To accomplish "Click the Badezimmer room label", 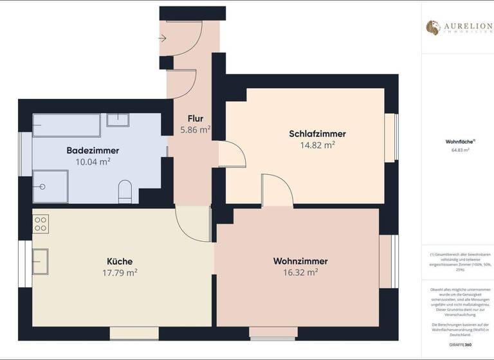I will pos(93,150).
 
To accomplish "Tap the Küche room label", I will pos(120,261).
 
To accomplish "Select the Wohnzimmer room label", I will pos(300,261).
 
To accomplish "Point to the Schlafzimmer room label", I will pos(317,134).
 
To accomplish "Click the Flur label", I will pos(196,118).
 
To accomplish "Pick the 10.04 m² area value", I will pos(93,161).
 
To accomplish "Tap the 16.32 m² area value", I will pos(300,273).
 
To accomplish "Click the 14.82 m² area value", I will pos(317,145).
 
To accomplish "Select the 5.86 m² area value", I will pos(196,130).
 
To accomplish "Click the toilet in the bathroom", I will pos(125,191).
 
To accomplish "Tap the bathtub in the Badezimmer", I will pos(66,125).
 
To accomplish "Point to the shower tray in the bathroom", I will pos(50,186).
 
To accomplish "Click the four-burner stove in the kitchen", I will pos(41,223).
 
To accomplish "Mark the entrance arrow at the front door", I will pos(163,39).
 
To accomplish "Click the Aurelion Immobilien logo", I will pos(458,28).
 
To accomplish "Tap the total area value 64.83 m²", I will pos(457,150).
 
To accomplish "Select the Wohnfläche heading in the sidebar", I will pos(457,141).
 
